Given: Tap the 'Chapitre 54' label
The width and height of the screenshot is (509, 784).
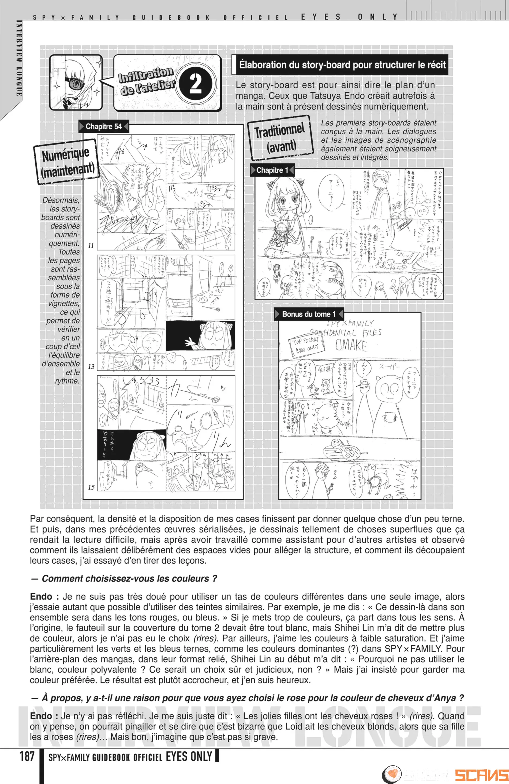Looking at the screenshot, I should (103, 127).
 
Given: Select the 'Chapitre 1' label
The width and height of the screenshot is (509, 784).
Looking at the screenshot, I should (272, 170).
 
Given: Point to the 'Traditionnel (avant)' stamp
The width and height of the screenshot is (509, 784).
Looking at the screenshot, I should (280, 138).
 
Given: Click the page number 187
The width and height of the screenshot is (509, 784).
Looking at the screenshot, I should (27, 756).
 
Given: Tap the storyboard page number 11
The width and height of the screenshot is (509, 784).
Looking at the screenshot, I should (91, 245).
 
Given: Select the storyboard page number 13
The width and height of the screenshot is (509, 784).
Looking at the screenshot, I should (91, 366).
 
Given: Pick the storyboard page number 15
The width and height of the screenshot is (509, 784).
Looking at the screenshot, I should (91, 487).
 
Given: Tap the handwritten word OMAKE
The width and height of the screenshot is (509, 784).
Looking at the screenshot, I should (351, 345).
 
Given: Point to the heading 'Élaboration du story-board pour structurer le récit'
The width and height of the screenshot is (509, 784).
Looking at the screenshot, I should (342, 65).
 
